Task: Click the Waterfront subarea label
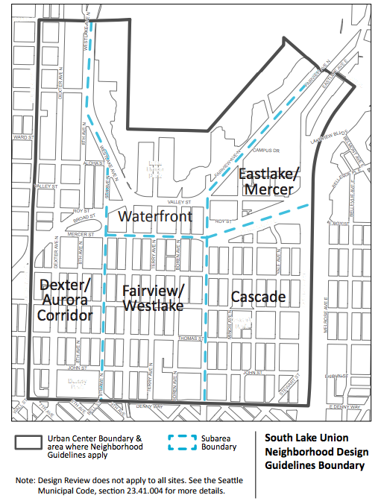[x=155, y=217]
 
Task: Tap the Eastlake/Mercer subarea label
[x=268, y=181]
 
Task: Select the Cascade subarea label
[x=258, y=297]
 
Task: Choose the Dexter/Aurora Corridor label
[x=66, y=300]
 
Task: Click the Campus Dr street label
[x=265, y=149]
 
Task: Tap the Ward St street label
[x=24, y=138]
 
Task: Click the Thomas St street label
[x=187, y=338]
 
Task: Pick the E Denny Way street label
[x=344, y=408]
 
